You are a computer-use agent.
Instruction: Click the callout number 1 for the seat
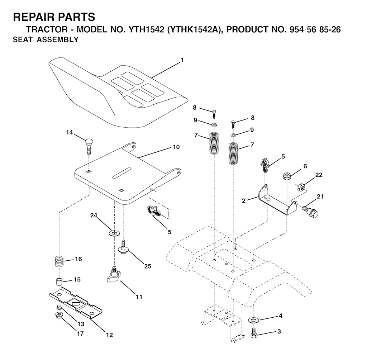pyautogui.click(x=182, y=61)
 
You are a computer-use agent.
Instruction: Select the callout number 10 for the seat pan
pyautogui.click(x=176, y=147)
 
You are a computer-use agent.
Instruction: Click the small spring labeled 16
pyautogui.click(x=61, y=261)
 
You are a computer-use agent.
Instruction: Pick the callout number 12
pyautogui.click(x=109, y=335)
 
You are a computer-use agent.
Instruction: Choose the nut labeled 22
pyautogui.click(x=301, y=186)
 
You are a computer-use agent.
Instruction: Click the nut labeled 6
pyautogui.click(x=286, y=176)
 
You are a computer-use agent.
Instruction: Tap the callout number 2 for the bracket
pyautogui.click(x=244, y=200)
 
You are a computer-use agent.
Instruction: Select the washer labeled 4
pyautogui.click(x=254, y=319)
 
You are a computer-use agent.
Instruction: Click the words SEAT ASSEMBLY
pyautogui.click(x=46, y=40)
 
